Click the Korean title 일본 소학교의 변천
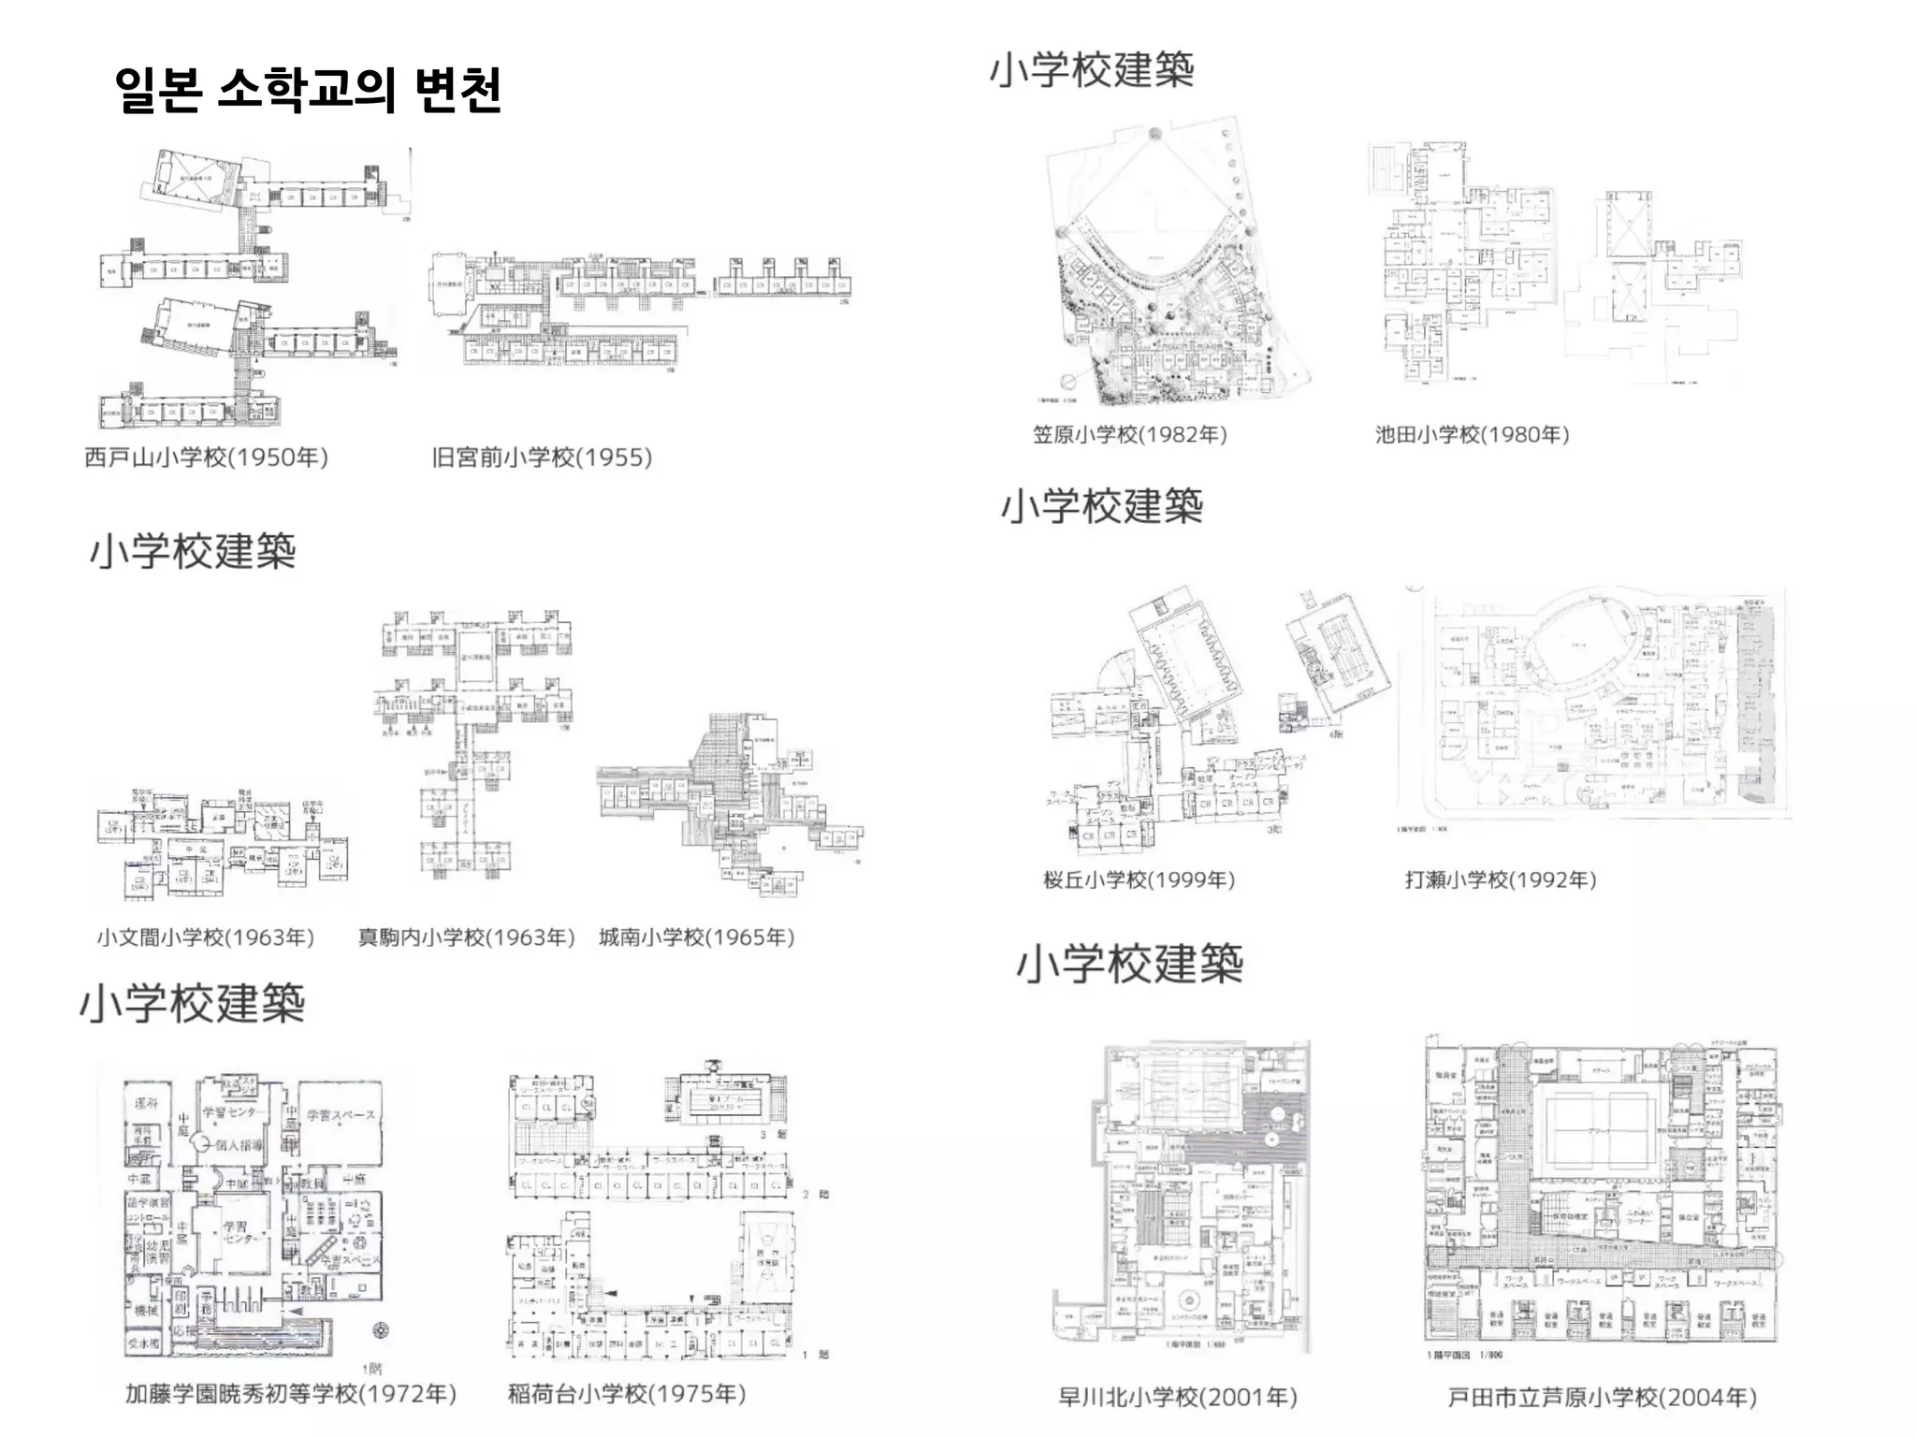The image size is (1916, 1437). pyautogui.click(x=308, y=91)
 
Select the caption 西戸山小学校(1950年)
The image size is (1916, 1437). pyautogui.click(x=206, y=457)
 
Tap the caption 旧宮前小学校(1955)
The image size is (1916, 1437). pyautogui.click(x=542, y=457)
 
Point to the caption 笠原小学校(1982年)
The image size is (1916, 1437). pyautogui.click(x=1129, y=435)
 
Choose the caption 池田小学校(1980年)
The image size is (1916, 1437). pyautogui.click(x=1472, y=435)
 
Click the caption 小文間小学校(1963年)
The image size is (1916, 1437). pyautogui.click(x=206, y=937)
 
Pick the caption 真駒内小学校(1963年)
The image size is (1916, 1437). pyautogui.click(x=466, y=937)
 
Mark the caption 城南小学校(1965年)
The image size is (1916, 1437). pyautogui.click(x=697, y=937)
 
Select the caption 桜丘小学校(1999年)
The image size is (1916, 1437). pyautogui.click(x=1139, y=880)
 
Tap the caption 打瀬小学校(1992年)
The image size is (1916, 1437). pyautogui.click(x=1500, y=880)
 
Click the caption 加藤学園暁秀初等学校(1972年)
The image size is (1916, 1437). pyautogui.click(x=291, y=1394)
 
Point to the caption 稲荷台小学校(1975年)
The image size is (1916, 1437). pyautogui.click(x=626, y=1394)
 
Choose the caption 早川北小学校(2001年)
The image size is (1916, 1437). pyautogui.click(x=1177, y=1398)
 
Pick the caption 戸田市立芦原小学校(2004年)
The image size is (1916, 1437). pyautogui.click(x=1602, y=1398)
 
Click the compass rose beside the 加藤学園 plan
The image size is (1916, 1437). pyautogui.click(x=381, y=1329)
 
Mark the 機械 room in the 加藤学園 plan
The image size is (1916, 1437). pyautogui.click(x=147, y=1311)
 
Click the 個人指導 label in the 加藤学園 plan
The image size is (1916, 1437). pyautogui.click(x=239, y=1145)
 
